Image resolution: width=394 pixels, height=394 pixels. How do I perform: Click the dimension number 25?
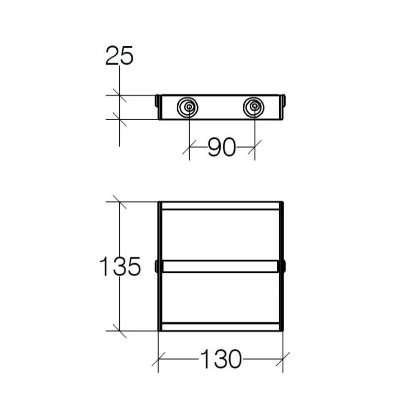click(x=119, y=57)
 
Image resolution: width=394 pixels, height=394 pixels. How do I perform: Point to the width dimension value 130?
click(x=221, y=360)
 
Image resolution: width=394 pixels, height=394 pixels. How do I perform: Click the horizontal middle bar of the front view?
click(x=220, y=266)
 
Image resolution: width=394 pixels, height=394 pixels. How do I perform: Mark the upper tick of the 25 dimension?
click(x=120, y=95)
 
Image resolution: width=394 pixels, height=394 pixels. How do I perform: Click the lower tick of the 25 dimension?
click(x=120, y=119)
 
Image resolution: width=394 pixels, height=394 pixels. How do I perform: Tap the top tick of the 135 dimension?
click(x=120, y=202)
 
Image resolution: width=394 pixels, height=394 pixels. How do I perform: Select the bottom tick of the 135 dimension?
click(x=120, y=330)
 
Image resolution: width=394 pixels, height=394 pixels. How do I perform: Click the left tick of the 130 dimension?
click(x=158, y=360)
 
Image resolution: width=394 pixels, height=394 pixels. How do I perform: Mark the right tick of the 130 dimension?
click(x=283, y=360)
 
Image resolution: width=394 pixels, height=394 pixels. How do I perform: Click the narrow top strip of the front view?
click(x=220, y=206)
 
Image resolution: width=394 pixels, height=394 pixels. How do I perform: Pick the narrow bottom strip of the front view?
click(x=220, y=326)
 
